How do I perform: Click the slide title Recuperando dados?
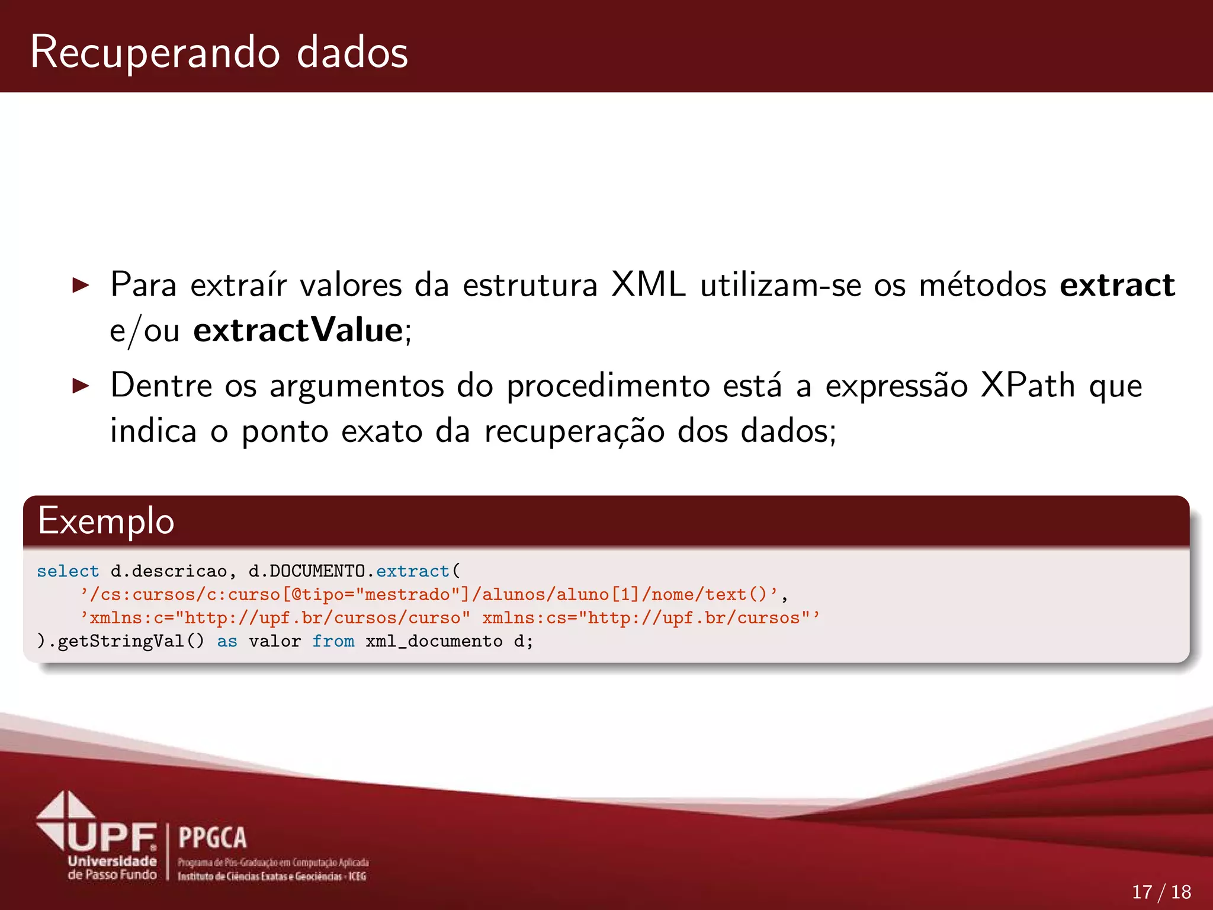click(x=219, y=52)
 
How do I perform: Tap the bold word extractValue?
click(x=298, y=330)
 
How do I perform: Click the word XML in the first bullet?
click(x=648, y=285)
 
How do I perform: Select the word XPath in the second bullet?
click(x=1028, y=386)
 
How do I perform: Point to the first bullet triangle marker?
click(x=81, y=286)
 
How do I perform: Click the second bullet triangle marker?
click(x=81, y=386)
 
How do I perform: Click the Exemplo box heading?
click(x=106, y=521)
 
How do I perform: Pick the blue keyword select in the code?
click(x=68, y=571)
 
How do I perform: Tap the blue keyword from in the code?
click(x=333, y=641)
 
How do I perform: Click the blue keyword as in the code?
click(x=227, y=641)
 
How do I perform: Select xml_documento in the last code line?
click(x=434, y=641)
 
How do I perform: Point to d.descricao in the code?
click(x=168, y=571)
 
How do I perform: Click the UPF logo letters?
click(x=113, y=837)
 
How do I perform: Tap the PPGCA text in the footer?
click(x=213, y=838)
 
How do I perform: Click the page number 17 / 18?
click(x=1161, y=892)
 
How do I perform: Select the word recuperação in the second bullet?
click(x=574, y=431)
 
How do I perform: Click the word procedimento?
click(x=608, y=386)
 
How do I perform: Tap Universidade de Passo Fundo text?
click(x=112, y=868)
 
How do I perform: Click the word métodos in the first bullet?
click(x=982, y=285)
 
